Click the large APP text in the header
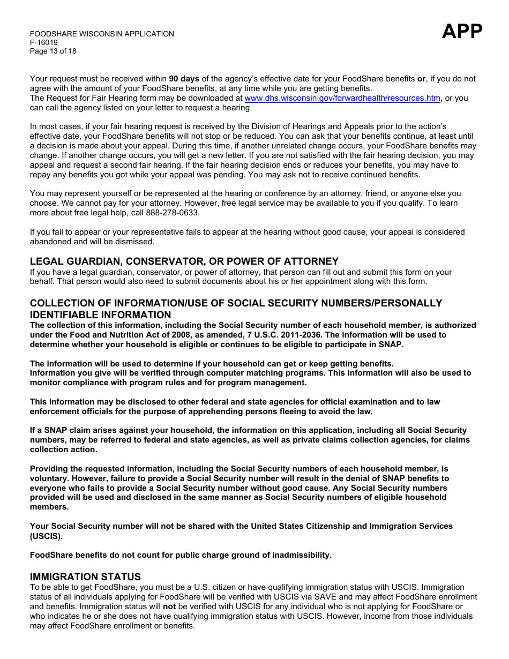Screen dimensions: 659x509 (462, 32)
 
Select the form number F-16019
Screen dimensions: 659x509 (44, 42)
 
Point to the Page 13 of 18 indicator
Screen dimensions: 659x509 (53, 51)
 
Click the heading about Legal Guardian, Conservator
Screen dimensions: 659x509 (184, 261)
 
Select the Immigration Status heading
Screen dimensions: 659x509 (85, 577)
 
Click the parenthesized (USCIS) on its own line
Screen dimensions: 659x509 (46, 536)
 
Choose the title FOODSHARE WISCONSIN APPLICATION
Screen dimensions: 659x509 (102, 34)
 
